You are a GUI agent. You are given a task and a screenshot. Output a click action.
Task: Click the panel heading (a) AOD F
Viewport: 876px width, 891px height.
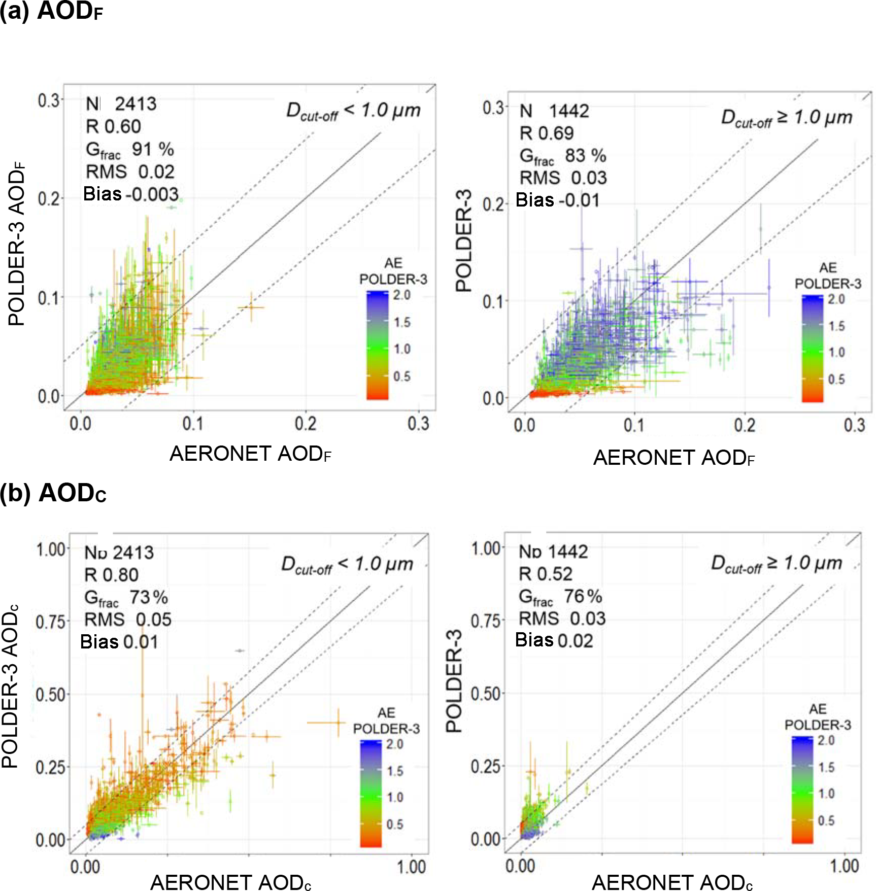[x=51, y=11]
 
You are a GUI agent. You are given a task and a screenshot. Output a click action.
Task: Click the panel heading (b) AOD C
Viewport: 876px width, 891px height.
[x=53, y=493]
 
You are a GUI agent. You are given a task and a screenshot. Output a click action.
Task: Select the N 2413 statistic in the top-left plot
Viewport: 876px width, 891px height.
[x=121, y=104]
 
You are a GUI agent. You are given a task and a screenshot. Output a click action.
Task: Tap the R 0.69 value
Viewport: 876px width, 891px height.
[x=547, y=133]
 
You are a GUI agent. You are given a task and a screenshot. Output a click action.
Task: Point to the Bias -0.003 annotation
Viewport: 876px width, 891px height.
[x=131, y=194]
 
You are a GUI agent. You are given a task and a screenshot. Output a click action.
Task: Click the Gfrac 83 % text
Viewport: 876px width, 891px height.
[x=563, y=156]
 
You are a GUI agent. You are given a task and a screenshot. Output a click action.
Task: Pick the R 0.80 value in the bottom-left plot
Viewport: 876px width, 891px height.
[x=111, y=575]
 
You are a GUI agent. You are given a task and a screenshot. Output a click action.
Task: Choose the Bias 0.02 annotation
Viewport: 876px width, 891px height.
[x=554, y=640]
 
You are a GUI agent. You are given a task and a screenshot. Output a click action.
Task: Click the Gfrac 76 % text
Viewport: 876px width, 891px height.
[x=560, y=597]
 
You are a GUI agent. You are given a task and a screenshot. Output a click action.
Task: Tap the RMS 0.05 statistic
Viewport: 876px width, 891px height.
[x=128, y=620]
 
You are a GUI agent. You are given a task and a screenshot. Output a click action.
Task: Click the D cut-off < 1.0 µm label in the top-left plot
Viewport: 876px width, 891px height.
[x=353, y=111]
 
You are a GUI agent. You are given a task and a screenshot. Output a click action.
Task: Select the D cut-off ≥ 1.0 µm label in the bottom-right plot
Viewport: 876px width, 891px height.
[x=777, y=564]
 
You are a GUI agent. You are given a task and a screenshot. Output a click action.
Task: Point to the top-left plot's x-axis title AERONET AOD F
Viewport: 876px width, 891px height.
[x=250, y=454]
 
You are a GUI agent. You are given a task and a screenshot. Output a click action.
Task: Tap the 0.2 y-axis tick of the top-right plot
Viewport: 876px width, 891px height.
[x=493, y=204]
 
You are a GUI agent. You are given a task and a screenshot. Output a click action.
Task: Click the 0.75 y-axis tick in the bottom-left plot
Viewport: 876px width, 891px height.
[x=51, y=622]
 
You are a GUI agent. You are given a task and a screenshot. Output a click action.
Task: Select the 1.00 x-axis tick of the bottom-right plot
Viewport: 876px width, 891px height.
[x=845, y=865]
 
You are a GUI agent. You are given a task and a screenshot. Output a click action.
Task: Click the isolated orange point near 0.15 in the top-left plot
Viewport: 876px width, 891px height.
[x=251, y=307]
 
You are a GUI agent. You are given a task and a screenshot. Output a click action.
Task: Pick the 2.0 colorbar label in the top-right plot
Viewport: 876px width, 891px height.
[x=836, y=299]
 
